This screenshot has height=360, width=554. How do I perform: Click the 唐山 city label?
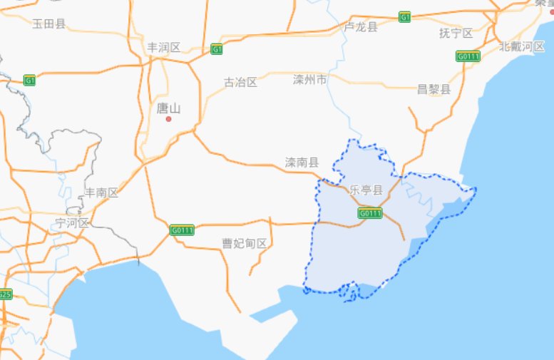[168, 109]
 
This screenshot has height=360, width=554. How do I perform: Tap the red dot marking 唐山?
[169, 119]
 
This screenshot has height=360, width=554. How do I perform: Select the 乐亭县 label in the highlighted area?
[366, 190]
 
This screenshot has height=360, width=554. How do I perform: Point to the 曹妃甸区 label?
[245, 244]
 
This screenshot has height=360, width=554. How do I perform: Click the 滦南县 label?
[302, 163]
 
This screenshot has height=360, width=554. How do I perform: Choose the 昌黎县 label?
[434, 90]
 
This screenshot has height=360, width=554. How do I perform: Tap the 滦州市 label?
[310, 79]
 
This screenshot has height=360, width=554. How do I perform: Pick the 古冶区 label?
[240, 82]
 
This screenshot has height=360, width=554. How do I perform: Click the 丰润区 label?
[164, 48]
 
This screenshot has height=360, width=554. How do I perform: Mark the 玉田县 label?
[49, 24]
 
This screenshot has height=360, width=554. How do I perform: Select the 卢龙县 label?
[361, 27]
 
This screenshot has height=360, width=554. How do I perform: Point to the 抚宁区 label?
[456, 34]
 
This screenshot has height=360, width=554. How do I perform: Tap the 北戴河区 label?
[522, 47]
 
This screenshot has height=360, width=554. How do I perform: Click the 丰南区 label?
[101, 193]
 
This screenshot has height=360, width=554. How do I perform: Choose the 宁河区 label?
[72, 223]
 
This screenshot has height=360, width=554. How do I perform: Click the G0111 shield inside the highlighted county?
[370, 213]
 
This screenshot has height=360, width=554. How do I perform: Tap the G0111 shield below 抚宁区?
[467, 56]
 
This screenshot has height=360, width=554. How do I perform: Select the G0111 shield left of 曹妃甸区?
[183, 230]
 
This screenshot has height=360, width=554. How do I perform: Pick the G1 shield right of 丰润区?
[217, 50]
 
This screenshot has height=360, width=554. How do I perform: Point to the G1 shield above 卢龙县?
[405, 16]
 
